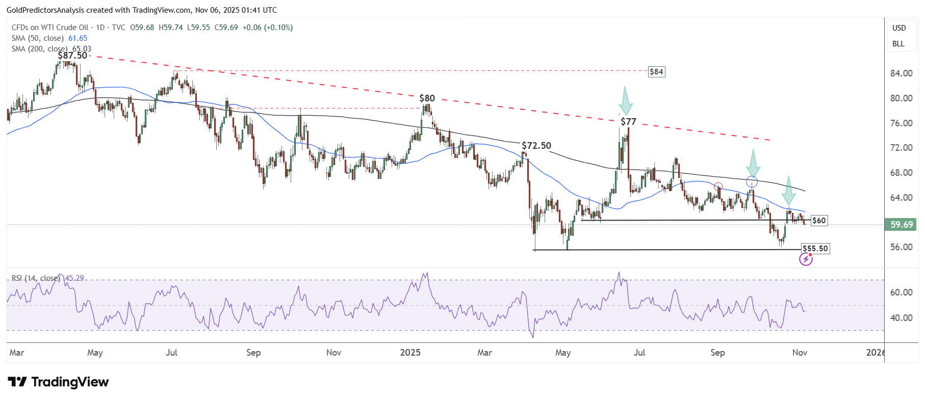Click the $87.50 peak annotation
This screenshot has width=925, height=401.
72,56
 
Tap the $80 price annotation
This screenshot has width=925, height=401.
427,98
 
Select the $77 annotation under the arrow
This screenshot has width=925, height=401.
628,122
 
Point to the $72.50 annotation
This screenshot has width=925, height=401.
536,146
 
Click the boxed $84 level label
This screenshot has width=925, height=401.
656,72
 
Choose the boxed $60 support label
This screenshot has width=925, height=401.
819,221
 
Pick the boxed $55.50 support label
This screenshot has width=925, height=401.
815,249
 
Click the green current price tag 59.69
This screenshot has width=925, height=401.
902,225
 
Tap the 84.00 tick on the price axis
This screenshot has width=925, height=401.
901,73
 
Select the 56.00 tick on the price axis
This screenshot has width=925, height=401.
901,247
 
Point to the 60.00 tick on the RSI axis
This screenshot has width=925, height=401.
901,292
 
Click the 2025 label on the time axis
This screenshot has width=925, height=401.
410,353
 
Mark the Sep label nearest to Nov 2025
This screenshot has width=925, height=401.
717,353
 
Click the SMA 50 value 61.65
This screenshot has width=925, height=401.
78,38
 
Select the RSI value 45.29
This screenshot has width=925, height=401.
74,278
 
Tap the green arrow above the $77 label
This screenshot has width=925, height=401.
625,101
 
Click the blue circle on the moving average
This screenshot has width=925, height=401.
752,181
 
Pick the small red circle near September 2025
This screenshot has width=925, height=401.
718,186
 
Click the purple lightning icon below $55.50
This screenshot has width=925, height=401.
806,260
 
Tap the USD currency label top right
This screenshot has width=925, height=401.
899,28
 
